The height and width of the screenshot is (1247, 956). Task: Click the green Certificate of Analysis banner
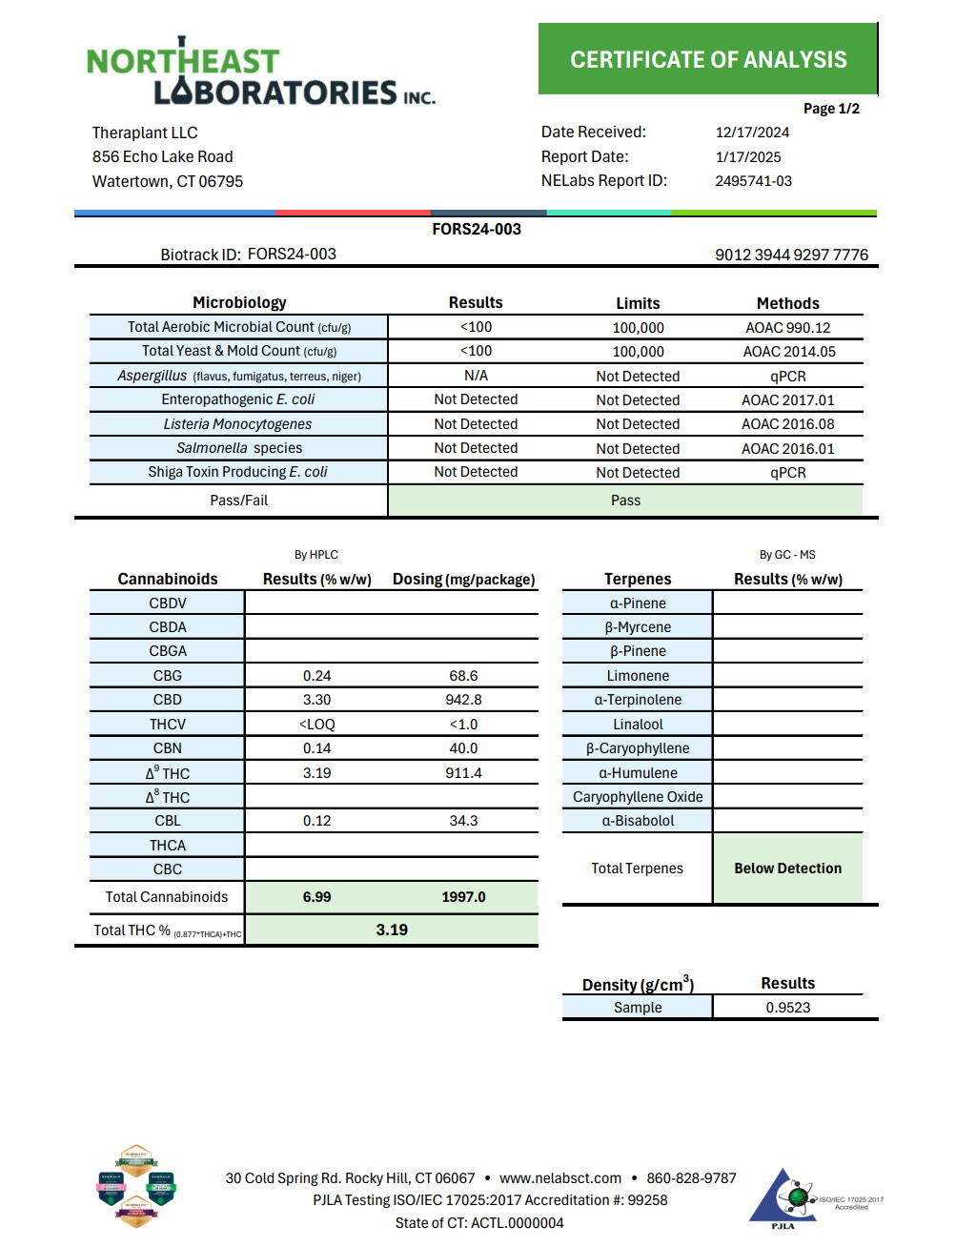coord(707,60)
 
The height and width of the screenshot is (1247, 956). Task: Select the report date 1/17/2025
coord(748,157)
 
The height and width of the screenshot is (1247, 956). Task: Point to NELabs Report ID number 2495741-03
coord(753,181)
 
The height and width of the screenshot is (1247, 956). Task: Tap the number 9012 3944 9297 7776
coord(791,255)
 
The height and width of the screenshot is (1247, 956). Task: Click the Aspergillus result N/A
coord(476,376)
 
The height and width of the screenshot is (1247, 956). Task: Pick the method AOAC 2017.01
coord(787,400)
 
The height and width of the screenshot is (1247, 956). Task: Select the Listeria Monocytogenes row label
coord(237,424)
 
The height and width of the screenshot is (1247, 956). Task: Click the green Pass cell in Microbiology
coord(625,501)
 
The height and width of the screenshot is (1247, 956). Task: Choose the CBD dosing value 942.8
coord(463,700)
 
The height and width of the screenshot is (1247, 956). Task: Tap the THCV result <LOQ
coord(316,725)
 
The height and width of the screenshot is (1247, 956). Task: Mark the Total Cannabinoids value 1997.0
coord(463,897)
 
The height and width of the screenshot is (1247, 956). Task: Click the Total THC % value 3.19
coord(391,930)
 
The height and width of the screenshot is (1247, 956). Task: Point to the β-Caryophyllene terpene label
coord(638,748)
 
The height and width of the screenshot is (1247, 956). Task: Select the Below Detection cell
coord(787,869)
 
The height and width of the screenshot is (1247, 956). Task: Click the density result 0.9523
coord(787,1008)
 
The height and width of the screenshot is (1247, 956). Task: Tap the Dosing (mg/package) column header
coord(463,580)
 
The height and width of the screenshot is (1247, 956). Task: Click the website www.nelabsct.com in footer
coord(560,1178)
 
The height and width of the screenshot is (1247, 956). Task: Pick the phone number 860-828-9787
coord(691,1178)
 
